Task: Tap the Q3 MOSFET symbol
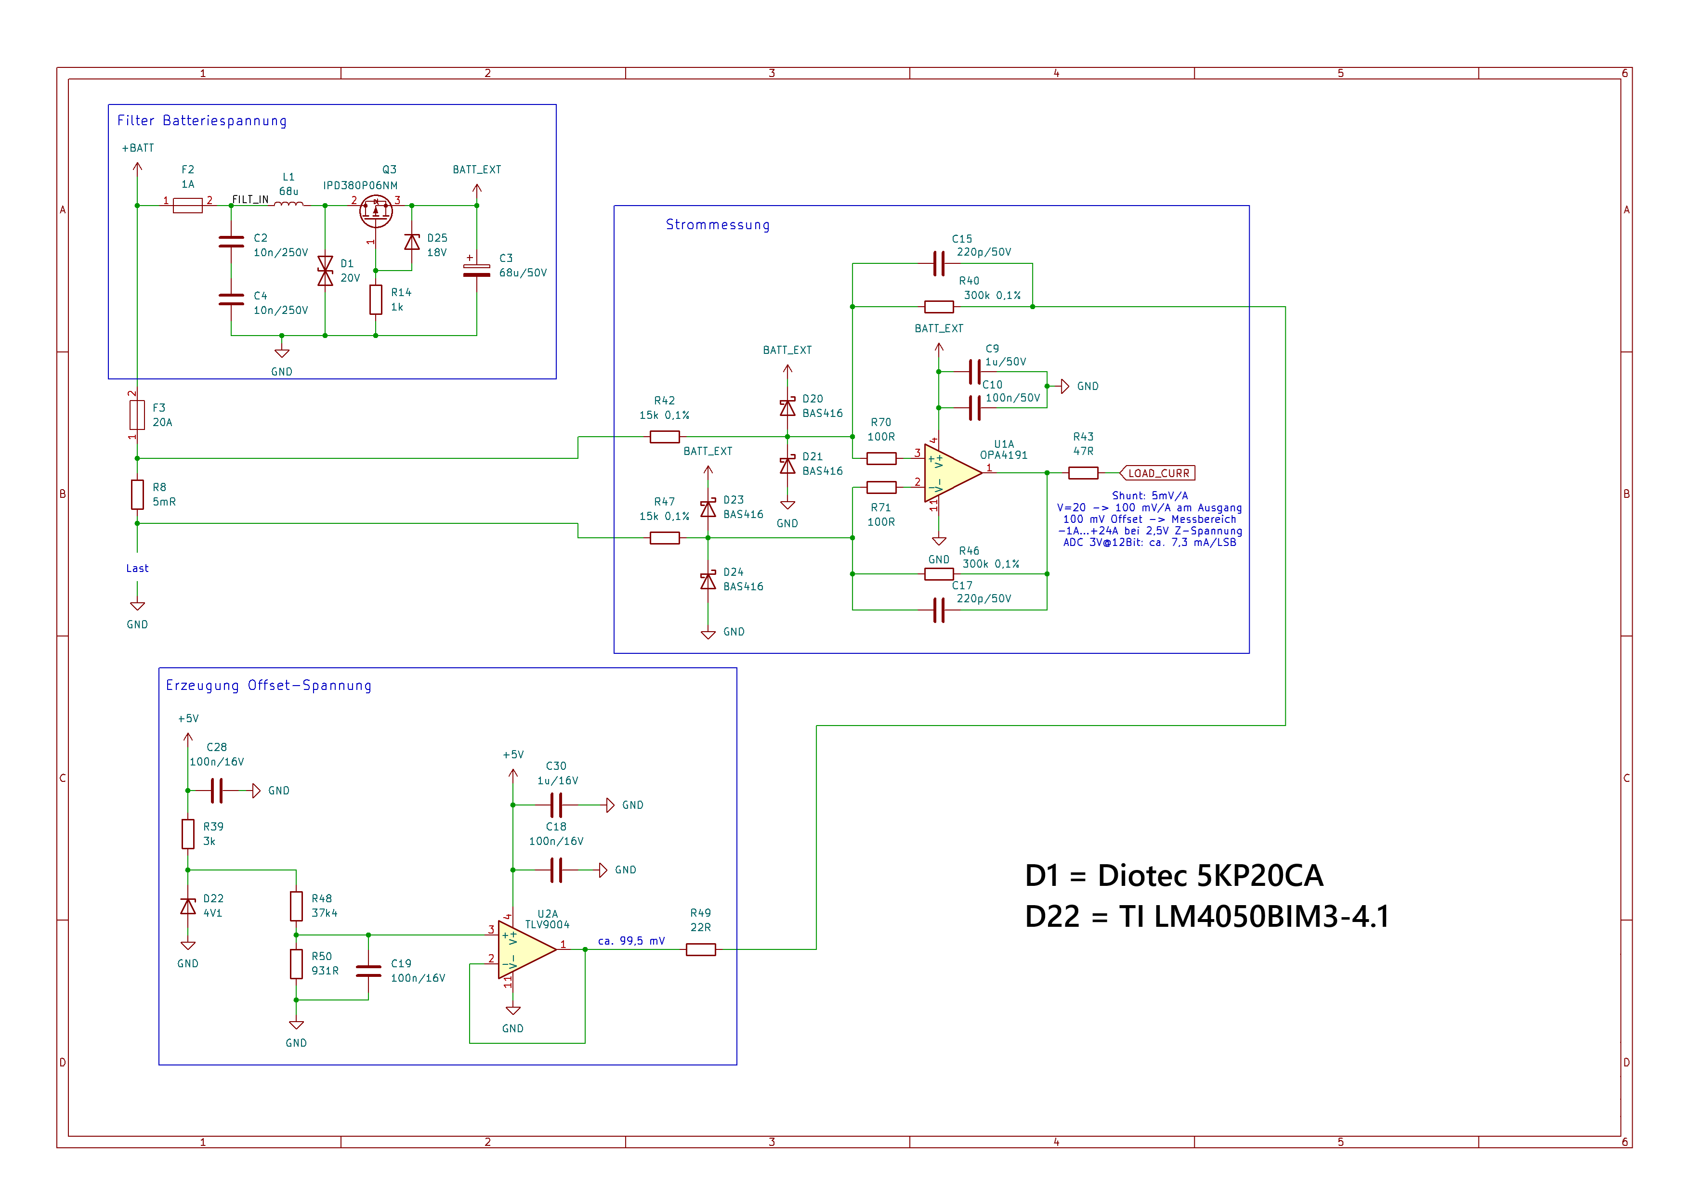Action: [376, 212]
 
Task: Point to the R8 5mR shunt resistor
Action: [138, 495]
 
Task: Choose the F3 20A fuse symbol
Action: [138, 415]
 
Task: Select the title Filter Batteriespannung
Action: [202, 120]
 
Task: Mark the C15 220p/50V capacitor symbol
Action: [939, 263]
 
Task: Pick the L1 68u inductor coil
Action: [288, 205]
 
